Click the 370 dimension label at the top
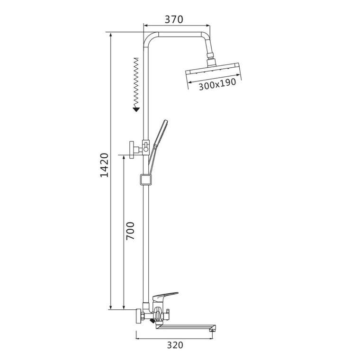click(174, 19)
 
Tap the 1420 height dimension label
click(105, 165)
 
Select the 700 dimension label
click(130, 231)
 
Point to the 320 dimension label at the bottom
click(175, 345)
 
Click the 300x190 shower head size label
click(217, 84)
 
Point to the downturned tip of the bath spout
click(213, 330)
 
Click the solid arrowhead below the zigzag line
click(136, 109)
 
